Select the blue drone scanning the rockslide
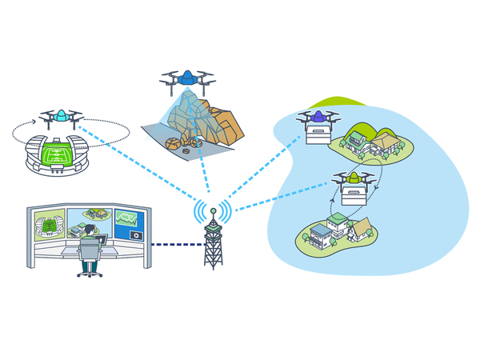(187, 78)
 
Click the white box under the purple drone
(318, 135)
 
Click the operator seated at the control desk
(90, 244)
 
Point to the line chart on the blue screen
(127, 218)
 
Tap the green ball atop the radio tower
(213, 211)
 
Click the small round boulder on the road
(173, 144)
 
